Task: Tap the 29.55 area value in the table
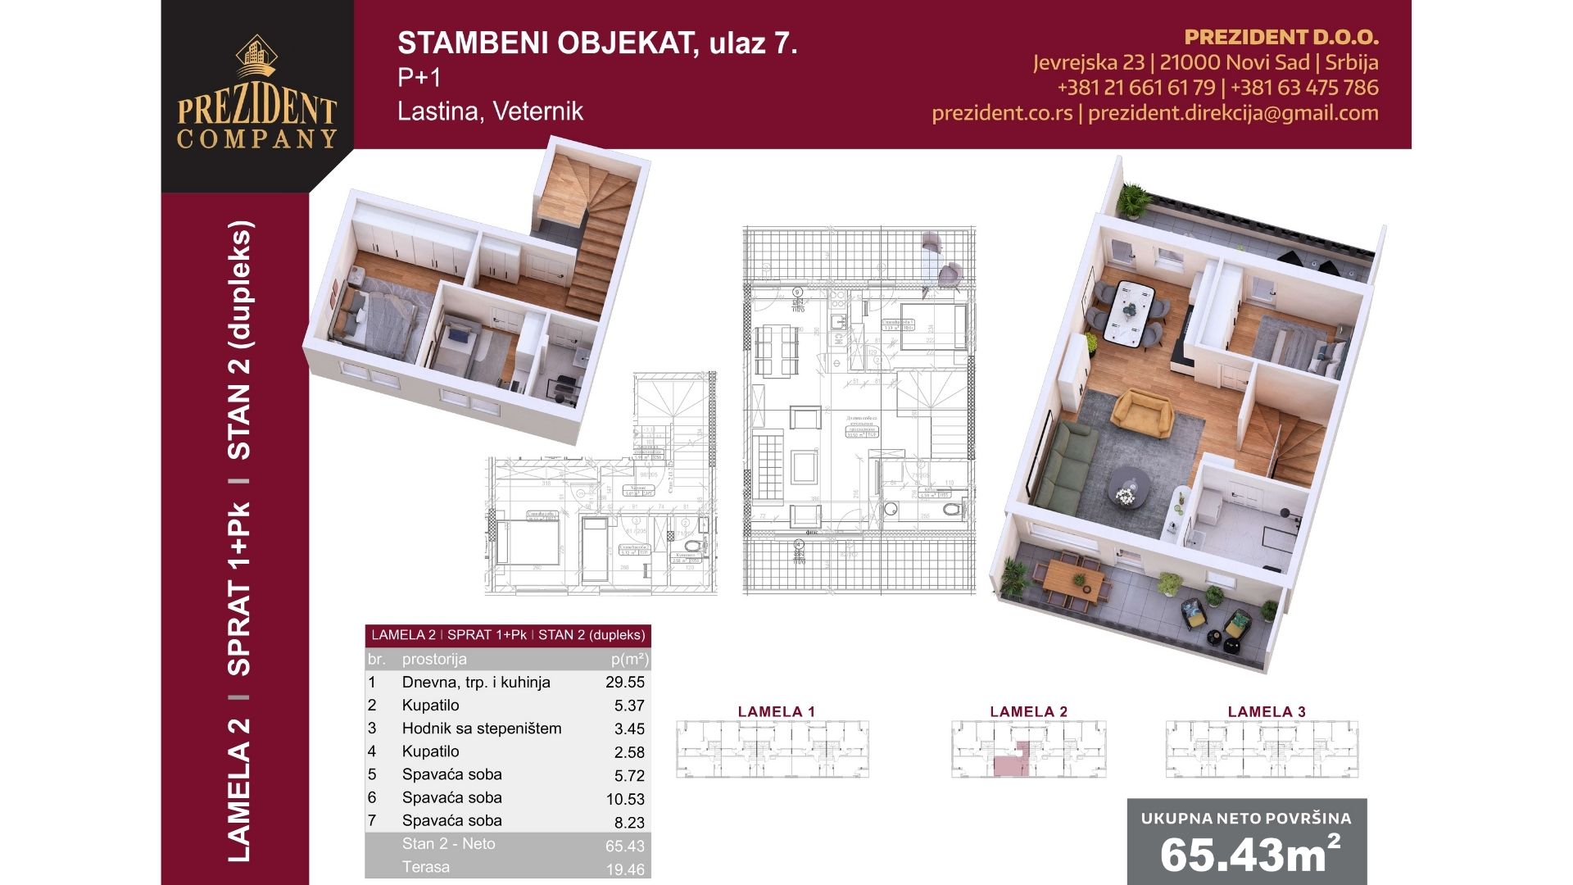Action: tap(625, 683)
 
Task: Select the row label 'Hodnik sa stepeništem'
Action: tap(482, 728)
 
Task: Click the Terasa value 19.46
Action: tap(625, 869)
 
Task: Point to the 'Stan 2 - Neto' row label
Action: tap(448, 844)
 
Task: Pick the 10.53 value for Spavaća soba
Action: tap(625, 799)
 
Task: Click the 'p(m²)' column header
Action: tap(629, 659)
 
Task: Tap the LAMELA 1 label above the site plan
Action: tap(776, 711)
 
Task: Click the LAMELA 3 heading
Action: tap(1266, 711)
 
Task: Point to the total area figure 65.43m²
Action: tap(1247, 854)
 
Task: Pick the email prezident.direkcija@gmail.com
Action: tap(1232, 113)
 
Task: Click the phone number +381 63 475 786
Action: tap(1303, 88)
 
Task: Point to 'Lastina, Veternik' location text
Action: tap(490, 111)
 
